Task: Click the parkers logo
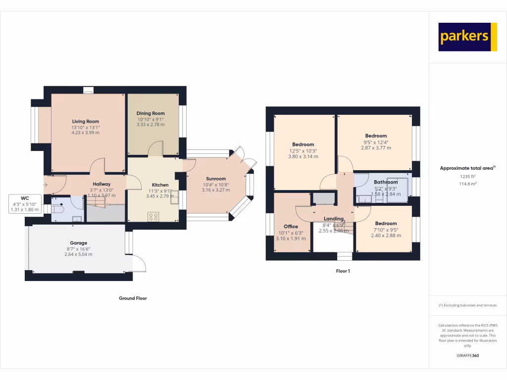click(x=467, y=37)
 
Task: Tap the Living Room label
click(x=86, y=121)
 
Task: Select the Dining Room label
click(x=151, y=113)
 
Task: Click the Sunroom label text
click(x=214, y=179)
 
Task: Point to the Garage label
click(x=78, y=243)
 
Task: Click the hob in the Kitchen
click(x=153, y=216)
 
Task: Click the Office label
click(x=291, y=227)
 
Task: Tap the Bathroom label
click(x=386, y=182)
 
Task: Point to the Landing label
click(x=334, y=219)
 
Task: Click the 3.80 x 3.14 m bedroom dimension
click(x=303, y=156)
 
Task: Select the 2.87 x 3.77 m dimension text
click(x=376, y=148)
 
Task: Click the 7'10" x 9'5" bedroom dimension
click(x=386, y=230)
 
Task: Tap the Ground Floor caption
click(x=133, y=298)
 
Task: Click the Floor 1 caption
click(x=343, y=271)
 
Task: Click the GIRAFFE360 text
click(x=467, y=356)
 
